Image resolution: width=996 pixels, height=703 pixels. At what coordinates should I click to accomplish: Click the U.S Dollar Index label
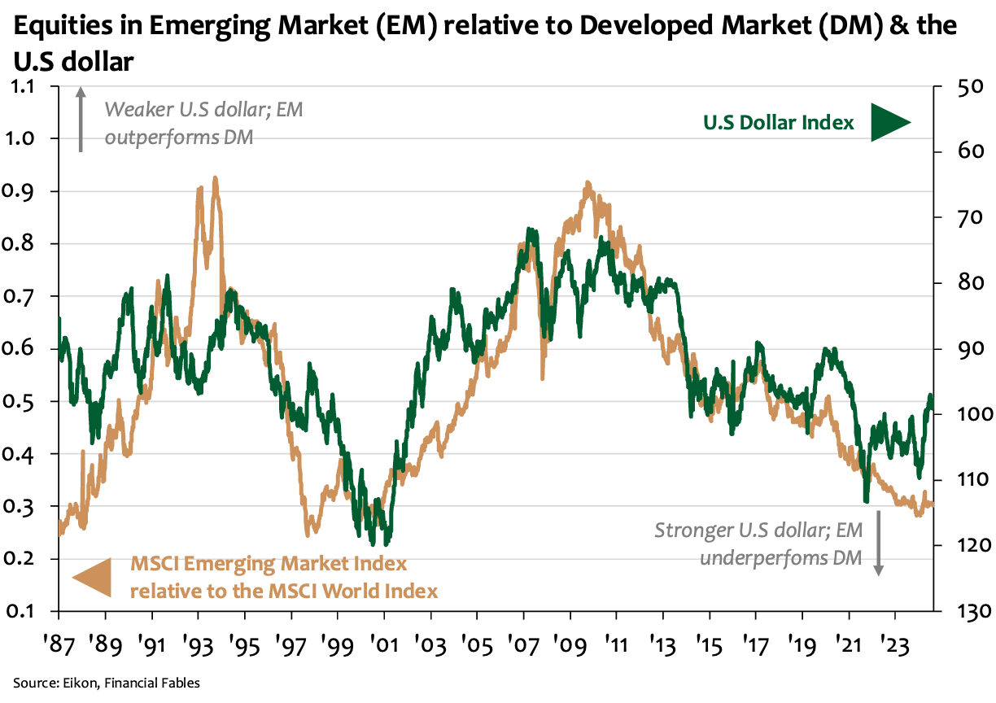click(778, 123)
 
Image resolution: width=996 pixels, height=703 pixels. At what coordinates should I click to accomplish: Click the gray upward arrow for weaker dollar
click(81, 120)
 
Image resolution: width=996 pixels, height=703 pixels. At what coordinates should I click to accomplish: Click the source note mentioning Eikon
click(106, 683)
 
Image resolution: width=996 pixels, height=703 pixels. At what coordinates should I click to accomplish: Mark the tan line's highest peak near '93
click(215, 177)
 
